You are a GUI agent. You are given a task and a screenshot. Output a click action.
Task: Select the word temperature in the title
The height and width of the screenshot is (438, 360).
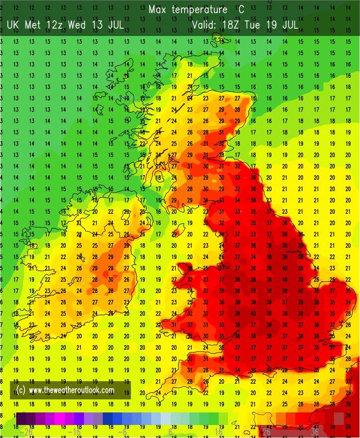[201, 10]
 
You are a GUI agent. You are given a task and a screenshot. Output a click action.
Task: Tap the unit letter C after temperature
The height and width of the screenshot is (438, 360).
[242, 10]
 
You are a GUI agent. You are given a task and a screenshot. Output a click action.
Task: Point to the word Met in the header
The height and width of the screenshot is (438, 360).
[33, 25]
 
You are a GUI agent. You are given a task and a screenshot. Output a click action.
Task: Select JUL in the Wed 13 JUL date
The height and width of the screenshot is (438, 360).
[115, 25]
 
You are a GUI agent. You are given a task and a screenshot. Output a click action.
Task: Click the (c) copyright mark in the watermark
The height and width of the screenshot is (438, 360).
[21, 390]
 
